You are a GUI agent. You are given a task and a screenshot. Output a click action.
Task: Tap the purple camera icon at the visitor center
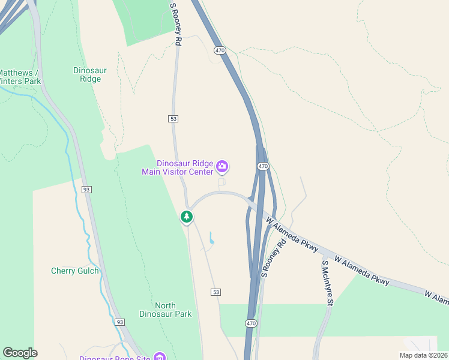click(222, 166)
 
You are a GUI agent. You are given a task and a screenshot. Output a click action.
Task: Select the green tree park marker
click(187, 217)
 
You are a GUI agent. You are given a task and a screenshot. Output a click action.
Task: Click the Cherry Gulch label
click(74, 271)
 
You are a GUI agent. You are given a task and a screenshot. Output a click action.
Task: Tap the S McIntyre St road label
click(327, 283)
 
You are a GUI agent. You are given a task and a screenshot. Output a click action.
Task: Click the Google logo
click(20, 353)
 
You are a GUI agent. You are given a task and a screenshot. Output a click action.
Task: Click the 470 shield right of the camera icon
click(263, 166)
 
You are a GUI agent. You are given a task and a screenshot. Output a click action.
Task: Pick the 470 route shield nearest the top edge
click(220, 50)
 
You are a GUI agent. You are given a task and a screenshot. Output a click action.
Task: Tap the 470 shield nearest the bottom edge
click(251, 323)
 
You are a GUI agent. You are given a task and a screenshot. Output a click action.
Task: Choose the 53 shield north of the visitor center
click(173, 119)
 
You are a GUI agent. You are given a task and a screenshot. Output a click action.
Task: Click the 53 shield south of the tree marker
click(216, 292)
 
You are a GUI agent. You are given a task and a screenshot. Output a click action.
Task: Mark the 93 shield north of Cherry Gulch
click(87, 190)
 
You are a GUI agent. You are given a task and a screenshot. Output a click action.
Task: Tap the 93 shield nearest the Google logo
click(119, 322)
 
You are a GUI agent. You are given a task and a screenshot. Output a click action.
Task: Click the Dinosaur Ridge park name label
click(90, 74)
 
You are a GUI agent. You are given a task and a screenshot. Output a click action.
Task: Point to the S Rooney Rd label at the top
click(175, 24)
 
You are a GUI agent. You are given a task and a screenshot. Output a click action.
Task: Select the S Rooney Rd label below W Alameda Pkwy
click(273, 259)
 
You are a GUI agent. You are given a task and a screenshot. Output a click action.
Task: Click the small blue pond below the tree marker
click(211, 242)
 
